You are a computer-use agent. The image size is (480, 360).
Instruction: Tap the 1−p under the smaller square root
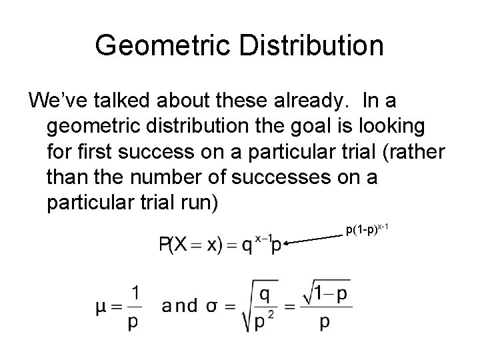[x=329, y=295]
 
